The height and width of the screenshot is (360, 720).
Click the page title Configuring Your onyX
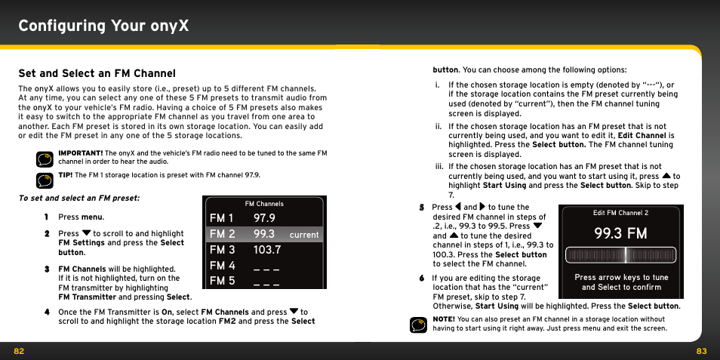coord(103,26)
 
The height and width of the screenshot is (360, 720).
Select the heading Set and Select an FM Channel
coord(97,73)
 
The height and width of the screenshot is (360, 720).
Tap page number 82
coord(19,351)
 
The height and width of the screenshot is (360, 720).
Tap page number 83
coord(701,351)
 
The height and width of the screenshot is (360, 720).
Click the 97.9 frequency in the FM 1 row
coord(264,218)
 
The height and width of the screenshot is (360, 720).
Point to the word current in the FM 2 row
coord(304,235)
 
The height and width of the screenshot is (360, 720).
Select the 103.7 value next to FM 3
coord(267,250)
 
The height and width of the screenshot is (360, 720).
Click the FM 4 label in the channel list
coord(222,266)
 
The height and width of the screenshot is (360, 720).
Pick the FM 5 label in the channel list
coord(222,282)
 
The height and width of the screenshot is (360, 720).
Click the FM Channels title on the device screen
coord(264,204)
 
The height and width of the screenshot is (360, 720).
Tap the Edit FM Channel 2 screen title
coord(620,213)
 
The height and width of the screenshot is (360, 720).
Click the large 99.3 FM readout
coord(620,233)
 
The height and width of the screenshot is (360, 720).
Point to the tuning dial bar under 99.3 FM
coord(620,255)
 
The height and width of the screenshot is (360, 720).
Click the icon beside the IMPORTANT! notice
coord(44,158)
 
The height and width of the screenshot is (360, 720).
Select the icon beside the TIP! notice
coord(44,180)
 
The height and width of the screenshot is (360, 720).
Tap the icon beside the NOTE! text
coord(418,324)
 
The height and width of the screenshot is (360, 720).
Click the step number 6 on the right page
coord(422,278)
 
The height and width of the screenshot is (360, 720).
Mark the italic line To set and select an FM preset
coord(79,198)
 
